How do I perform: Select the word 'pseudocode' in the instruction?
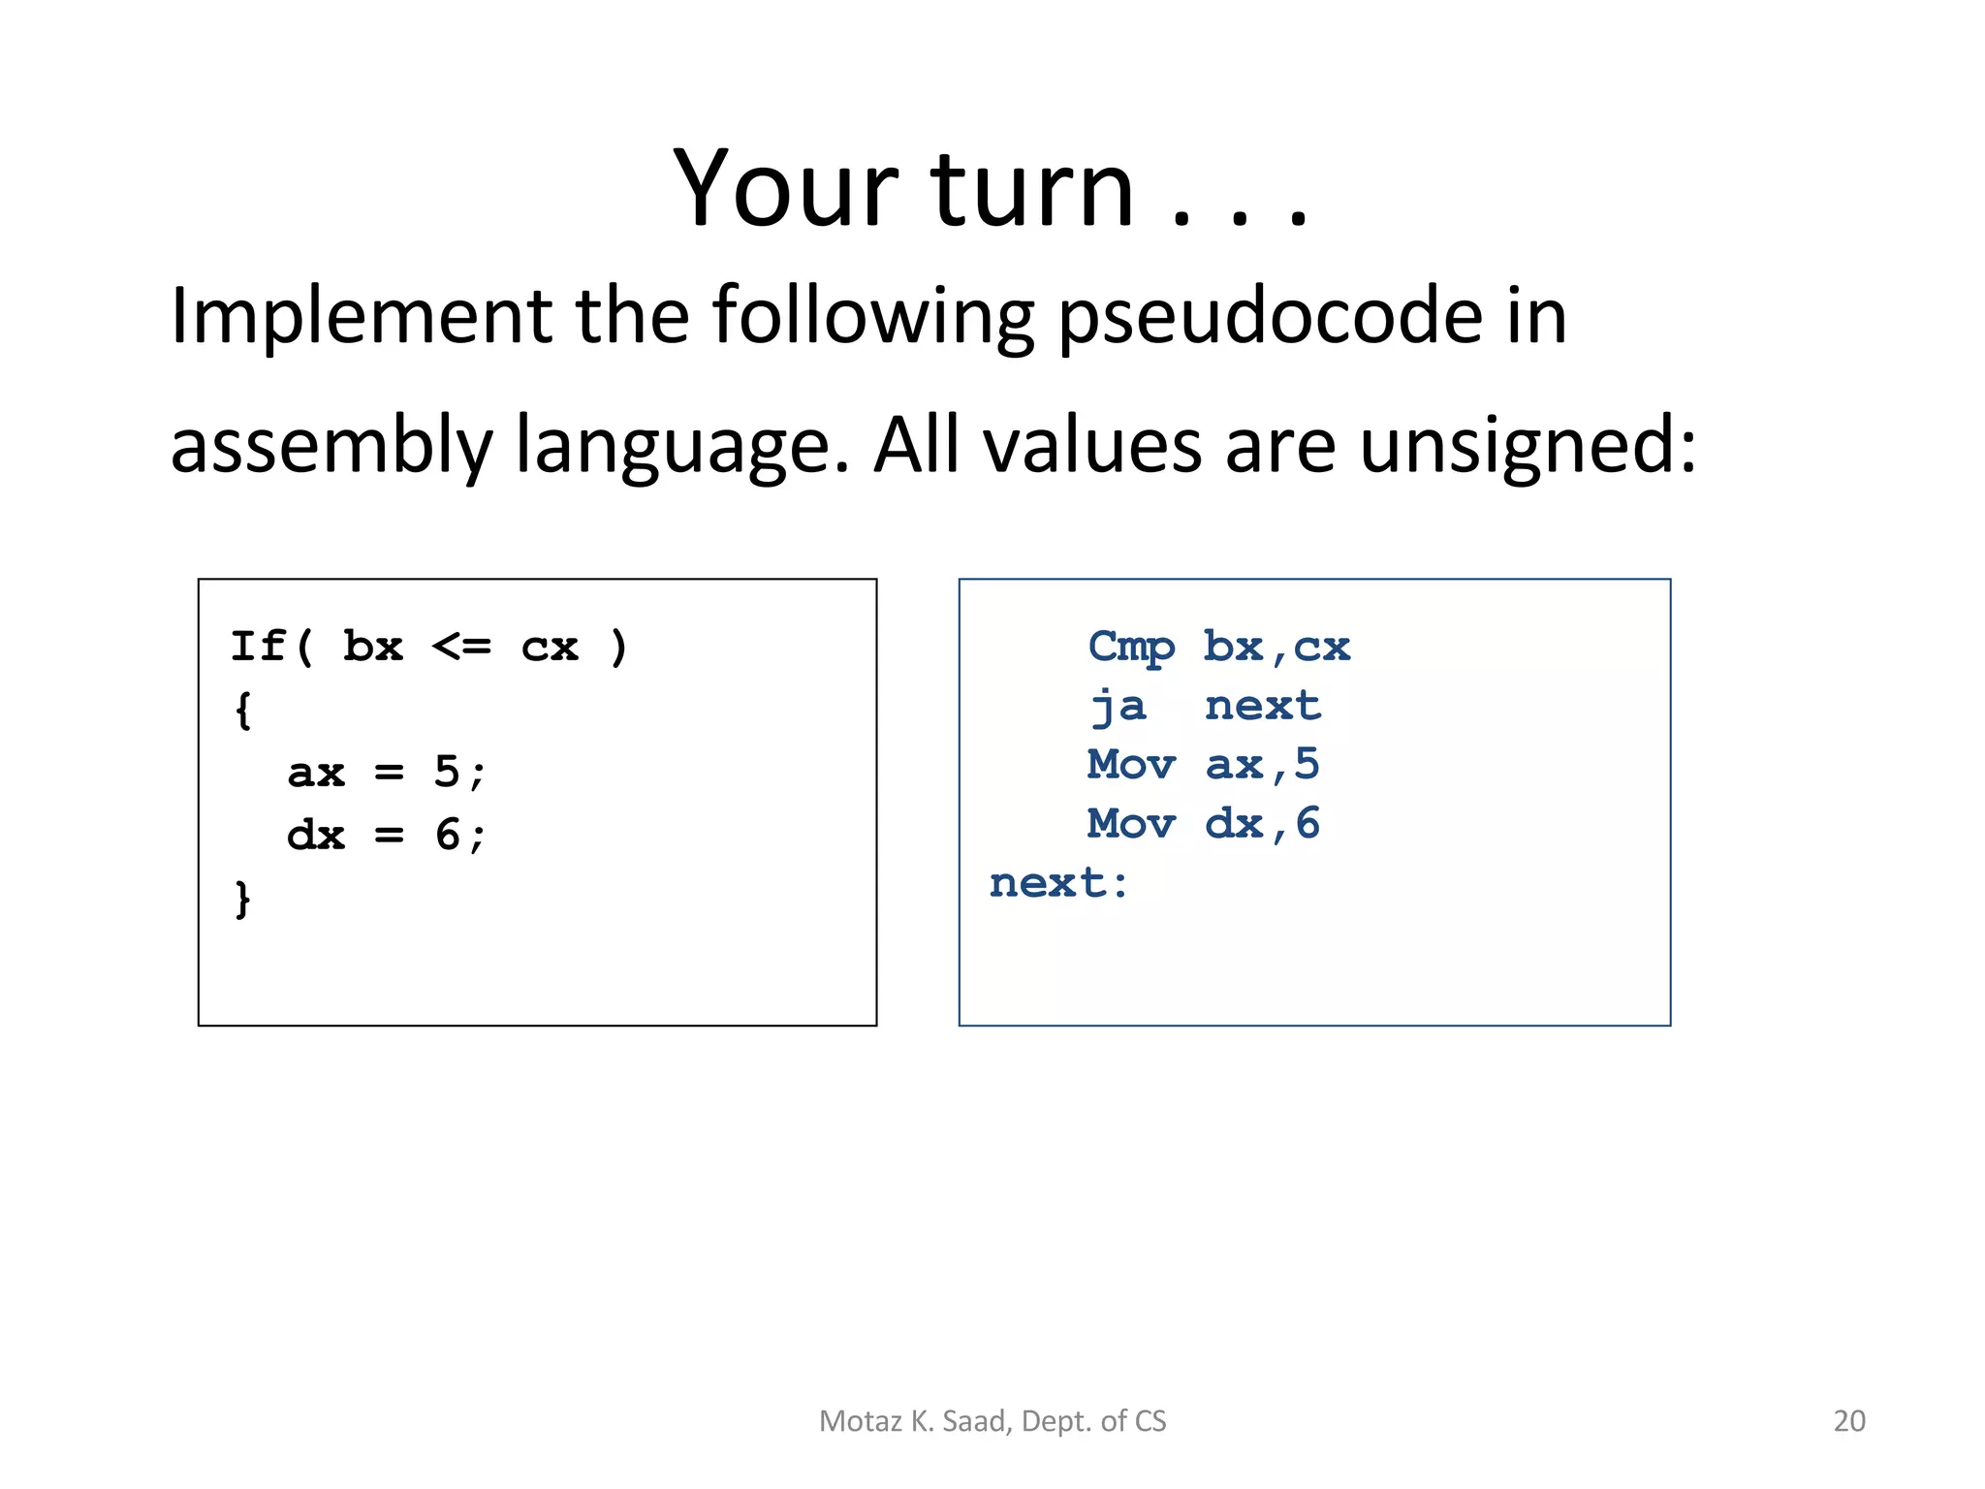[x=1270, y=317]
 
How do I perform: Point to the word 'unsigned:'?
[x=1528, y=446]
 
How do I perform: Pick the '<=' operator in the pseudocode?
[x=461, y=647]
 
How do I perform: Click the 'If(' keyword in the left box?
[x=272, y=647]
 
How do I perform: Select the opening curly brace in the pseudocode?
[x=242, y=711]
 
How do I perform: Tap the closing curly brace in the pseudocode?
[x=242, y=900]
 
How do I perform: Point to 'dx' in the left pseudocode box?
[x=316, y=835]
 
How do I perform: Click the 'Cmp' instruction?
[x=1131, y=648]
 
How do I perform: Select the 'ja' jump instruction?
[x=1119, y=707]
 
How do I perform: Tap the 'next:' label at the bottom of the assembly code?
[x=1059, y=883]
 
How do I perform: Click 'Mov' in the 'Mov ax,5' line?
[x=1131, y=765]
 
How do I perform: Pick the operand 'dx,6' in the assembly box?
[x=1262, y=824]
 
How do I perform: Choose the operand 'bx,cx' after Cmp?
[x=1276, y=648]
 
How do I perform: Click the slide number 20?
[x=1848, y=1421]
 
